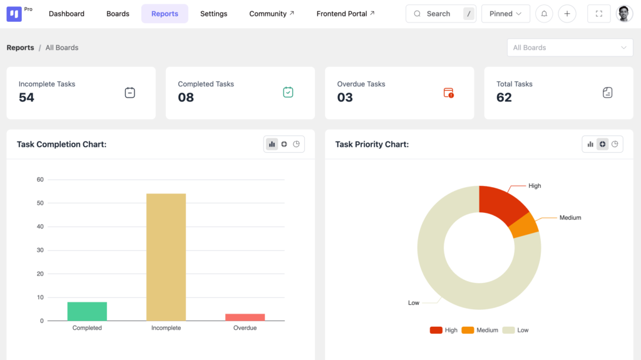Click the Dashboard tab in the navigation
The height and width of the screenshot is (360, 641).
(x=66, y=14)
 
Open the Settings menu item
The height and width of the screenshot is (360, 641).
(x=213, y=14)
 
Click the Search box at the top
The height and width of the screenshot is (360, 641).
(x=441, y=14)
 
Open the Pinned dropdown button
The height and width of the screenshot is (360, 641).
(x=506, y=14)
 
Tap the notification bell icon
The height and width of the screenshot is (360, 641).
(x=544, y=14)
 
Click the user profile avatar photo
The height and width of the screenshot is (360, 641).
(x=624, y=14)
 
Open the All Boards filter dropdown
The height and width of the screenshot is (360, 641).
(x=570, y=48)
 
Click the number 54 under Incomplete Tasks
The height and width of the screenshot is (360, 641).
(x=26, y=98)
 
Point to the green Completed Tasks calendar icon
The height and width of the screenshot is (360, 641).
(x=288, y=92)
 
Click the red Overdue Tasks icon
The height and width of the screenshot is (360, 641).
(x=448, y=93)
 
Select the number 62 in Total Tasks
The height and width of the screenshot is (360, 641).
(x=504, y=98)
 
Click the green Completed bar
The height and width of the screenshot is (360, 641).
(x=87, y=311)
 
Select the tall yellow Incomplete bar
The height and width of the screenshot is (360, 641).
(x=166, y=257)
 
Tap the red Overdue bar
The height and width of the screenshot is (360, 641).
(x=245, y=317)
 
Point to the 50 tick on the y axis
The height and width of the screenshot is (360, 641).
(x=40, y=203)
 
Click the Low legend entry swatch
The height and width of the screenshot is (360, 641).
(x=508, y=330)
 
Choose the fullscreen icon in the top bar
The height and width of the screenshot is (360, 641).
(x=599, y=14)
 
